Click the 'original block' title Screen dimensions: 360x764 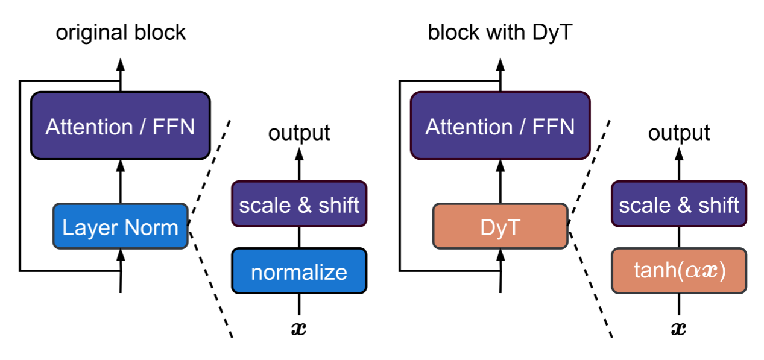click(121, 33)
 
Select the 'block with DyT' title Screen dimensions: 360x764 click(500, 33)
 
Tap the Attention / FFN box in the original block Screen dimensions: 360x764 click(121, 126)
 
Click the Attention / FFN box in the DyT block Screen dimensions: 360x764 click(500, 126)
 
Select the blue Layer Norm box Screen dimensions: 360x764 click(121, 227)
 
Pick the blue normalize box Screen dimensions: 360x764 click(299, 271)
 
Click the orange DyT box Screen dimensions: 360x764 click(500, 227)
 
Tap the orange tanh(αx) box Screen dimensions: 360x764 click(679, 271)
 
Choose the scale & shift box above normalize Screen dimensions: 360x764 click(299, 204)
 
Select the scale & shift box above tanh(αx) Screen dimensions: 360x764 click(679, 204)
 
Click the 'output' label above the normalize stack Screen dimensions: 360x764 click(299, 133)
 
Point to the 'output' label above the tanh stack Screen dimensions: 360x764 click(679, 133)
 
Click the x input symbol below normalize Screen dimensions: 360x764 click(299, 328)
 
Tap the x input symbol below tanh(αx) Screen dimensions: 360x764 click(679, 328)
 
